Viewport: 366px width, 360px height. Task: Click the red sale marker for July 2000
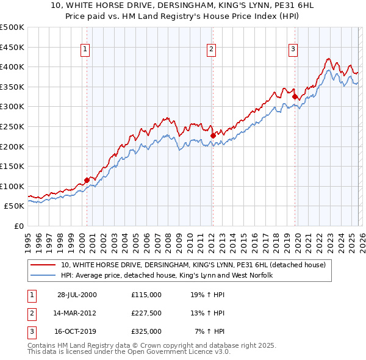[87, 180]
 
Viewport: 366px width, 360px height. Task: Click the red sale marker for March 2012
[213, 135]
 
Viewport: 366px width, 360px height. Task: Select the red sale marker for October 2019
[295, 96]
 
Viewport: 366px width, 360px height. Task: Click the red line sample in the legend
[43, 265]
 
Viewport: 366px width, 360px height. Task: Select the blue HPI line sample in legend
[43, 276]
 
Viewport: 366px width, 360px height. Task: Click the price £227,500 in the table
[146, 313]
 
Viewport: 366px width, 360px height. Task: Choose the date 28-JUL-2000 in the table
[77, 294]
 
